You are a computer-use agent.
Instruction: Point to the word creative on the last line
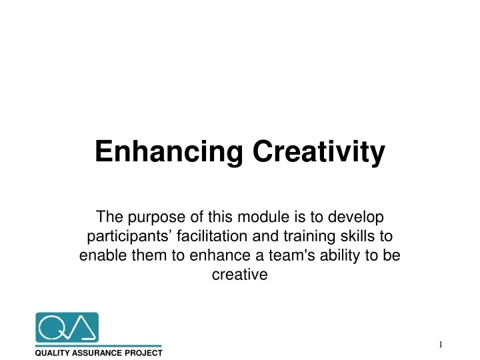click(240, 275)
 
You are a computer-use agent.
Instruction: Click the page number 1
click(441, 344)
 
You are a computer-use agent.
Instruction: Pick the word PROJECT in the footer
click(145, 352)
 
